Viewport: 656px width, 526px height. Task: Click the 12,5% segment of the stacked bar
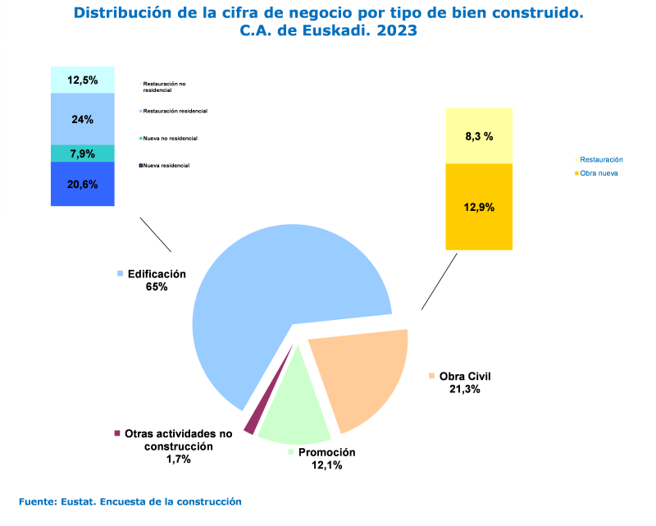[x=82, y=80]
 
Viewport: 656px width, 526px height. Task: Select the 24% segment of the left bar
[x=82, y=119]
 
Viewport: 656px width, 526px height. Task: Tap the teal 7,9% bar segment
[x=82, y=153]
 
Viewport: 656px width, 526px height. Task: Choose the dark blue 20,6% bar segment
[x=82, y=184]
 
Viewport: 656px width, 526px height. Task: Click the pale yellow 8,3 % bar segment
[x=479, y=136]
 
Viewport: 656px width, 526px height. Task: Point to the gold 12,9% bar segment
[x=479, y=207]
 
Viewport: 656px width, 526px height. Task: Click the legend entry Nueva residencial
[x=166, y=166]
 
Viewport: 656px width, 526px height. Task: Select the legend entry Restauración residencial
[x=175, y=111]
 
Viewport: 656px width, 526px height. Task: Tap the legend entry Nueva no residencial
[x=171, y=138]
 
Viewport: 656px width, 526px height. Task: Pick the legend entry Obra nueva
[x=599, y=174]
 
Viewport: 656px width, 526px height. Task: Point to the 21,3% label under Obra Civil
[x=464, y=389]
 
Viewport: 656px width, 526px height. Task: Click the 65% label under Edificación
[x=157, y=286]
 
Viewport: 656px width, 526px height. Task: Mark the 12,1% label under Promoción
[x=326, y=465]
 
